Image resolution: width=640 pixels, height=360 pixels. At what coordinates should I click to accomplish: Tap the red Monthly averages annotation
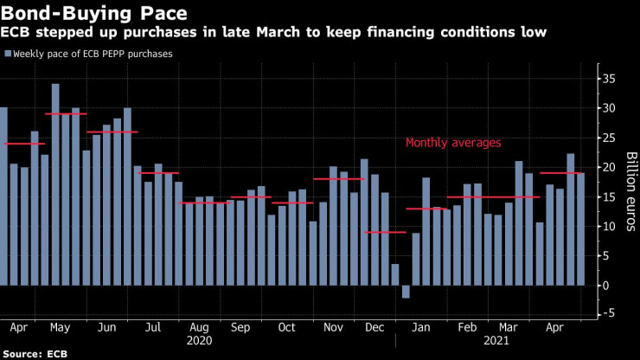point(453,143)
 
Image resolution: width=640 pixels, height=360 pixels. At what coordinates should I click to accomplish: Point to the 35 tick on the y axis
point(611,80)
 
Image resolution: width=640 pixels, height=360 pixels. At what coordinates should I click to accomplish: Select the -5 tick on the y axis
point(611,315)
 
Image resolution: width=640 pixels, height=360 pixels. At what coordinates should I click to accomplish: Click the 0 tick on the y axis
point(609,286)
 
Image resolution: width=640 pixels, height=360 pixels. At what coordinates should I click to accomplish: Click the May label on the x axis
point(60,329)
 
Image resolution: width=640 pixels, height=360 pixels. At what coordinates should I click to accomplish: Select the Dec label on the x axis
point(375,329)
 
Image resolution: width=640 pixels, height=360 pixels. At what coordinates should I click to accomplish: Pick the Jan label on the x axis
point(421,329)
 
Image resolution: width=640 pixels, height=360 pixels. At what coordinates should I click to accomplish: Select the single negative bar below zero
point(406,292)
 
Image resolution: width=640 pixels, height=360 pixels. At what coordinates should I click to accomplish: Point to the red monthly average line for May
point(65,114)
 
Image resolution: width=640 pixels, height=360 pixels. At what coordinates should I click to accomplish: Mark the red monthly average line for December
point(385,232)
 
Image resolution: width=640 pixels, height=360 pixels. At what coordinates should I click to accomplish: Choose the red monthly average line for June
point(112,132)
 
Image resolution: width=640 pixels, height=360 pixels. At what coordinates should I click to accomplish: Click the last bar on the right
point(580,229)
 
